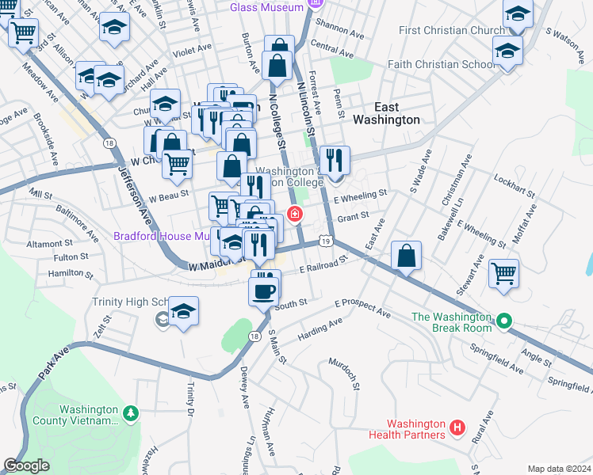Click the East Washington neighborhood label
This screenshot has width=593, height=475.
[385, 113]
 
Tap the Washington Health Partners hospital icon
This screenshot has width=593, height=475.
[457, 428]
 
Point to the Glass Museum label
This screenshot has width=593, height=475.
[266, 7]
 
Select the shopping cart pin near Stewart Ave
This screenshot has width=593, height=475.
[504, 275]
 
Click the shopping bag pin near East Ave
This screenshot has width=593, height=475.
[406, 256]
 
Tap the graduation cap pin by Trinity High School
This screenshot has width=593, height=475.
[184, 312]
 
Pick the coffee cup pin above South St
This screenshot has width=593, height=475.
[265, 290]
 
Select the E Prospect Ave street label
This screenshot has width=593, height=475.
[362, 308]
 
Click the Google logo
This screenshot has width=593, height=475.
[27, 465]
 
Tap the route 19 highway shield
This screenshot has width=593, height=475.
[325, 240]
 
